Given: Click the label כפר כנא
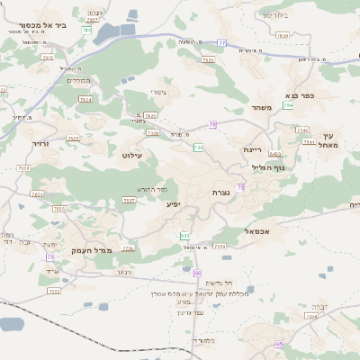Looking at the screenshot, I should pyautogui.click(x=301, y=94).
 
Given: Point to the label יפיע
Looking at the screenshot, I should pyautogui.click(x=174, y=203).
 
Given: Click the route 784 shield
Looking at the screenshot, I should pyautogui.click(x=86, y=30).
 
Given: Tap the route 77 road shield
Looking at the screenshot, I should pyautogui.click(x=221, y=41).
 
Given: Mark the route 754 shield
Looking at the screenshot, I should pyautogui.click(x=288, y=105).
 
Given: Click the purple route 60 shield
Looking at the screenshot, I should pyautogui.click(x=198, y=272).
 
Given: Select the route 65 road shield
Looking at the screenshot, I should pyautogui.click(x=279, y=344).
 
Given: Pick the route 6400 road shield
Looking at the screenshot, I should pyautogui.click(x=274, y=154).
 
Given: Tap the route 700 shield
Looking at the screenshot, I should pyautogui.click(x=198, y=147).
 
